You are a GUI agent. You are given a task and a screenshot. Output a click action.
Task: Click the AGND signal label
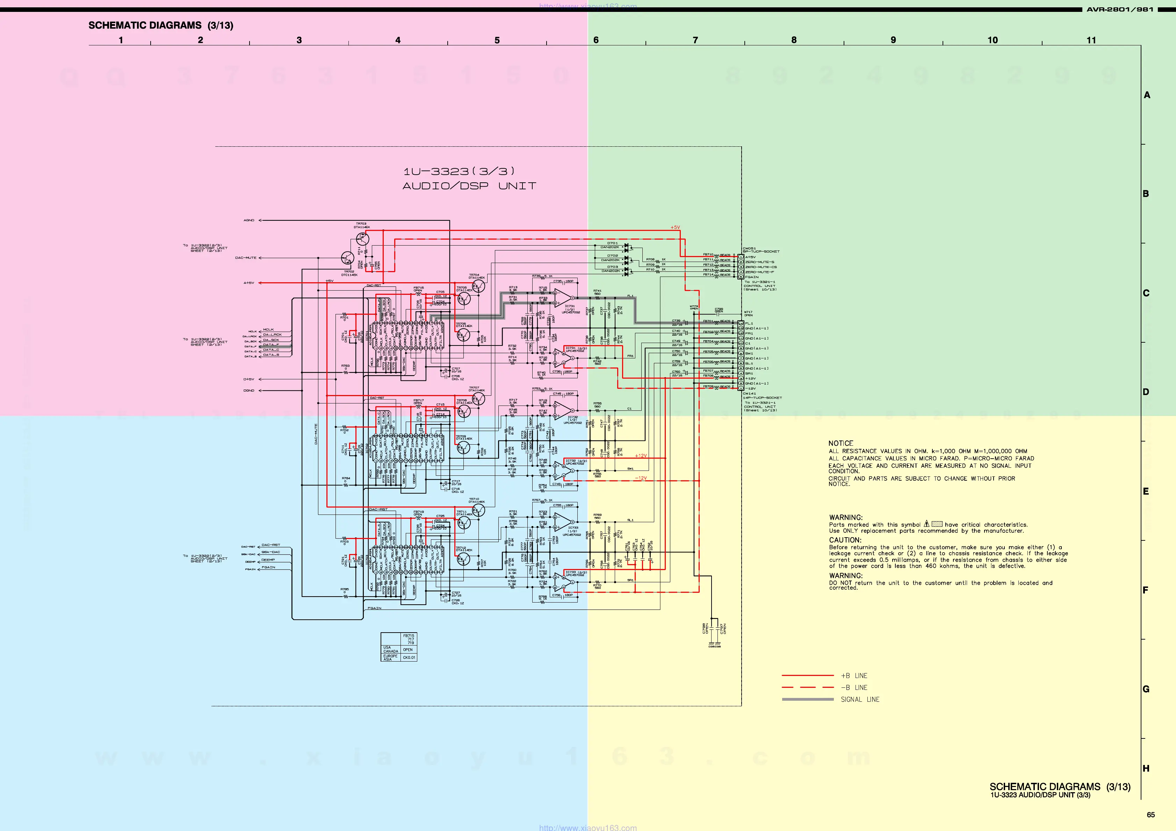(249, 220)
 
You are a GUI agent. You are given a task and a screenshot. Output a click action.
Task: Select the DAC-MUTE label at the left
(245, 257)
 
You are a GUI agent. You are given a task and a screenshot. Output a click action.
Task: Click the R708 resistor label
(650, 259)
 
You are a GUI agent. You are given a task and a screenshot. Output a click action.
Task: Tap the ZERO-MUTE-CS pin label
(760, 267)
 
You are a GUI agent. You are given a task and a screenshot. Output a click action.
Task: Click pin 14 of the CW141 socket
(741, 323)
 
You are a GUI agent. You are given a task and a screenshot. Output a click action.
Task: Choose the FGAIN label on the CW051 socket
(751, 277)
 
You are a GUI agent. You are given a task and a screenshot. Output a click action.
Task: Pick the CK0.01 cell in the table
(409, 657)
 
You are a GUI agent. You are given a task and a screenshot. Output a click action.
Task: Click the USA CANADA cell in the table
(390, 649)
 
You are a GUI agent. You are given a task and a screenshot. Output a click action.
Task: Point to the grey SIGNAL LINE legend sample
(807, 699)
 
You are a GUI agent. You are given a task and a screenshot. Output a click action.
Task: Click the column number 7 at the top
(695, 40)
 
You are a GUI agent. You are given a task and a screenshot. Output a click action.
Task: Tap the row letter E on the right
(1146, 491)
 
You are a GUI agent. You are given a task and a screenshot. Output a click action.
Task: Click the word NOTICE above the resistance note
(840, 443)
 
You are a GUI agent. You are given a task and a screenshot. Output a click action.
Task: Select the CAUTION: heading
(845, 540)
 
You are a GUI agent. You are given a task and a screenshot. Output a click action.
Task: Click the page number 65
(1150, 815)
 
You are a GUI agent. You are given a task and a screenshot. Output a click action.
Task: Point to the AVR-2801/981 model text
(1120, 9)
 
